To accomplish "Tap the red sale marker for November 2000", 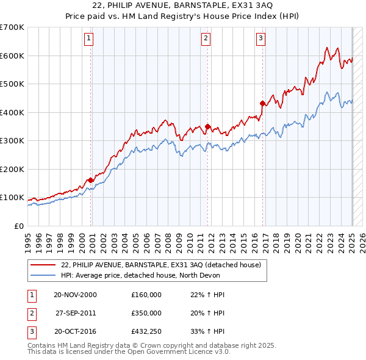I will pos(91,180).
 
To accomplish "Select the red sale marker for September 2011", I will pos(208,127).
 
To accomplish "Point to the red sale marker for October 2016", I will pos(262,103).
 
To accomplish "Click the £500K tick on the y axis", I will pos(12,84).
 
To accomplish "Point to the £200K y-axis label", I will pos(12,169).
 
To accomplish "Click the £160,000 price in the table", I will pos(146,295).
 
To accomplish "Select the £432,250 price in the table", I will pos(146,333).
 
